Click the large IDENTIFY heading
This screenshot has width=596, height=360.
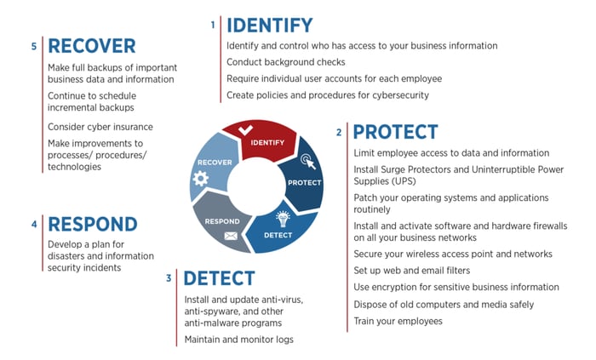tap(270, 26)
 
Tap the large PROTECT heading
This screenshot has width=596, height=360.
tap(395, 132)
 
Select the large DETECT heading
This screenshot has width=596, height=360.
tap(220, 278)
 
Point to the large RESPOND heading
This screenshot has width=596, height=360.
tap(93, 224)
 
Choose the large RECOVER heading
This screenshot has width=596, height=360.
tap(92, 46)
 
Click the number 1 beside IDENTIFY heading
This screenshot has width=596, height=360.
tap(213, 25)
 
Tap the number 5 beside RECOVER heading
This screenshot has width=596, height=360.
tap(34, 46)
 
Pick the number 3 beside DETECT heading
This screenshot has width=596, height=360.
tap(169, 278)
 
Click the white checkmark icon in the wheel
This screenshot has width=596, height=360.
tap(245, 130)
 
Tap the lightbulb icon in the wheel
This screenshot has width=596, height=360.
tap(283, 219)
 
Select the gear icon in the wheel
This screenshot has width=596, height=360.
tap(200, 179)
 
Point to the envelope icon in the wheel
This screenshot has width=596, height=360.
tap(231, 237)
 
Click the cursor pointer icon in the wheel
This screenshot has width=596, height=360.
tap(308, 162)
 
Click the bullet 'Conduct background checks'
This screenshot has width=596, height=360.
tap(286, 62)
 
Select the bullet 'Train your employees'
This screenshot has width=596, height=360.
tap(398, 321)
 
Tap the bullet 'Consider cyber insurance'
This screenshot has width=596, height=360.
tap(100, 127)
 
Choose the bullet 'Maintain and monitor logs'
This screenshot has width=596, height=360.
tap(238, 340)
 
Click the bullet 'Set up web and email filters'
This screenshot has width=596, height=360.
tap(411, 271)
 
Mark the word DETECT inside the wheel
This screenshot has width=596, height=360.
tap(278, 236)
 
